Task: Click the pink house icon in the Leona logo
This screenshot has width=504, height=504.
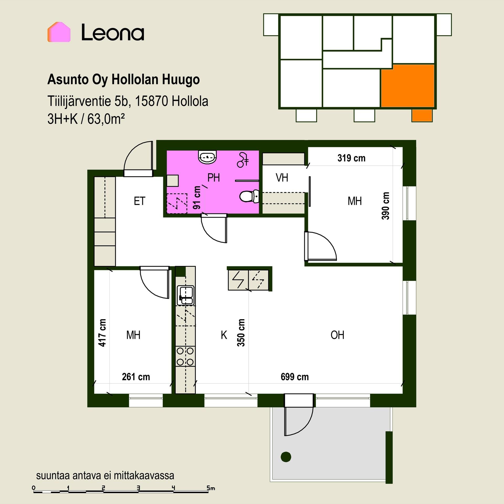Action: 59,32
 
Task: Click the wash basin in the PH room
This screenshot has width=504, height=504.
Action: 208,157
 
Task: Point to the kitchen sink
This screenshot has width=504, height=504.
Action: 186,296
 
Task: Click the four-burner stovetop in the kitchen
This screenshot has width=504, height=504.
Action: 185,356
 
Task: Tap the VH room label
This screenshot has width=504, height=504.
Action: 282,178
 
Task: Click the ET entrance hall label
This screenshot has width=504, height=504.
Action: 139,201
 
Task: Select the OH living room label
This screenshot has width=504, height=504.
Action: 337,335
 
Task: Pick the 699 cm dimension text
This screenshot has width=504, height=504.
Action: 295,377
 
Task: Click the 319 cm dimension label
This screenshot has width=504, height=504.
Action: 351,158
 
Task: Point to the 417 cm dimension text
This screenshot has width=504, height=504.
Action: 102,333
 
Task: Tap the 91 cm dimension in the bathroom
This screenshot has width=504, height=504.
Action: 197,197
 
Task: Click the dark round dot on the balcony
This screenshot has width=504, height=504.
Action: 286,457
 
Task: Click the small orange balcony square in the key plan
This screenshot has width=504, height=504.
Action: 422,115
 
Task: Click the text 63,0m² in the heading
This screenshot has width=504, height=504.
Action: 106,119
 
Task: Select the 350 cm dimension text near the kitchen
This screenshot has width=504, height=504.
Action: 241,333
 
